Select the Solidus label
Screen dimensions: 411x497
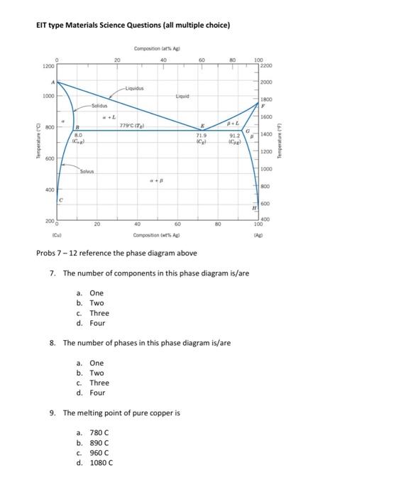tap(102, 104)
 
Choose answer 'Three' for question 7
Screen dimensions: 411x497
tap(99, 313)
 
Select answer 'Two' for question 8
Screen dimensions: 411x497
tap(97, 373)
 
